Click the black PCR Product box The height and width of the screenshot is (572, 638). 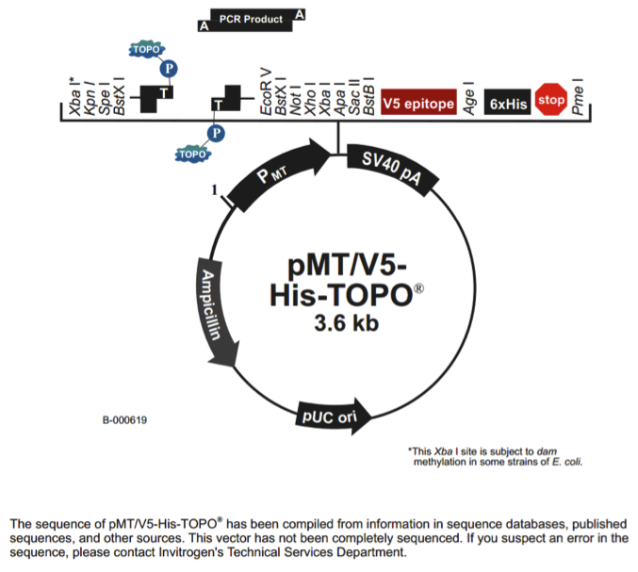click(251, 19)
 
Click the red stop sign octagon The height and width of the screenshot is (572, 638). click(550, 99)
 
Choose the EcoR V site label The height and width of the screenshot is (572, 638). click(266, 92)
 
